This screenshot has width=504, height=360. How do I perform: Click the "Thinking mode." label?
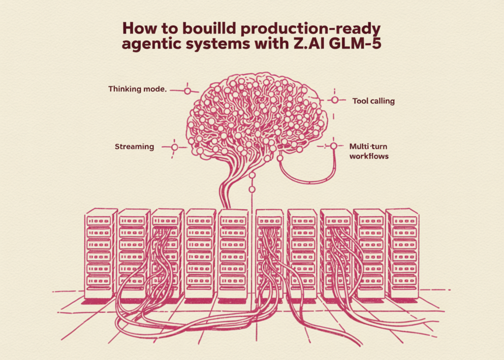point(138,90)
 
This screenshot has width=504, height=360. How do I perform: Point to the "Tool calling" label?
point(373,101)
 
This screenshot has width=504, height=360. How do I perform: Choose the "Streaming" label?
point(134,147)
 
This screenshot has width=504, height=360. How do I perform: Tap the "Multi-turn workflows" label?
point(369,151)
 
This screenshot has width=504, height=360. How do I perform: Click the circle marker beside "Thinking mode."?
point(187,91)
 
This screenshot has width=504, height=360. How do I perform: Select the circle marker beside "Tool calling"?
point(335,100)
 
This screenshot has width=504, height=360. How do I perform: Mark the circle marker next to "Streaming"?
point(174,147)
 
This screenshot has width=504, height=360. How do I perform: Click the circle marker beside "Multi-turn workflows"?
point(334,146)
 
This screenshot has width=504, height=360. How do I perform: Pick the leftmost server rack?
point(100,254)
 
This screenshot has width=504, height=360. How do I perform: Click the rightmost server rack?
point(402,254)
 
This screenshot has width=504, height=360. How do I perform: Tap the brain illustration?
point(256,116)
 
